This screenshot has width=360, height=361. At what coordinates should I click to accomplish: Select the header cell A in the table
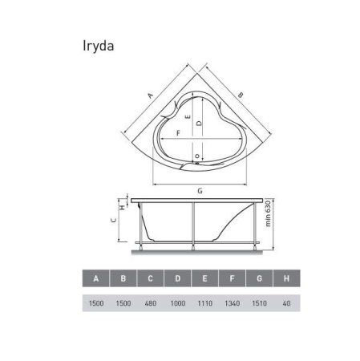coord(96,278)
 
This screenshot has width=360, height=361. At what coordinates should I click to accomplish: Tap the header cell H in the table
coord(285,278)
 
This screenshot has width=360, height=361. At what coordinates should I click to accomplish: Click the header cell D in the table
coord(177,278)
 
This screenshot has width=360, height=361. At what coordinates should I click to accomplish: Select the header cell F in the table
coord(232,278)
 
